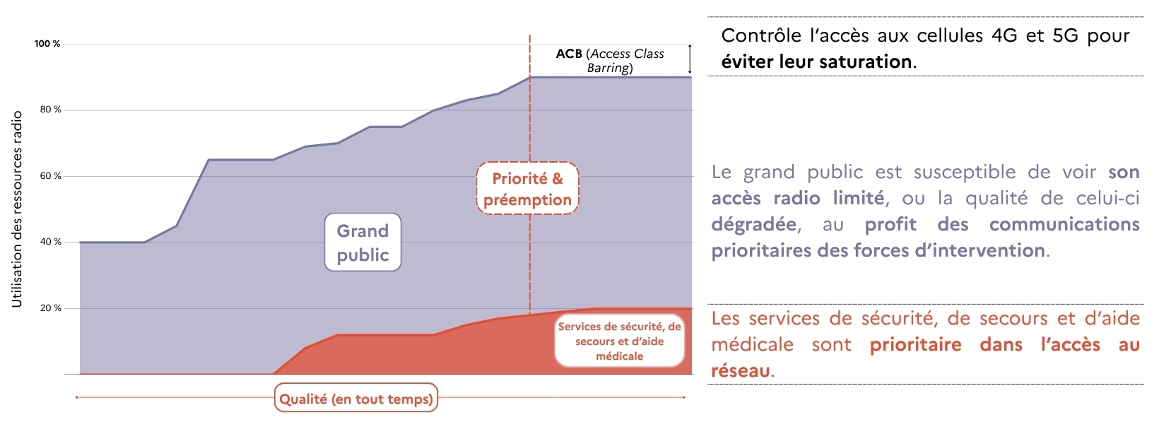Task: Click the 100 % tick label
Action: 47,44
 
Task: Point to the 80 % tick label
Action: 50,110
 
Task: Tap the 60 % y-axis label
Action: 50,176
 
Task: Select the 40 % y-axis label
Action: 50,242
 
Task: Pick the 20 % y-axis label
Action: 50,308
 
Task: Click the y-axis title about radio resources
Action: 17,209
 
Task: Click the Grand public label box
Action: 363,243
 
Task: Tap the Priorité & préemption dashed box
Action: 527,189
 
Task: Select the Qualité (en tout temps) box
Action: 356,399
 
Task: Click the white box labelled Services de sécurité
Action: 620,341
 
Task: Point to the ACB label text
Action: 610,61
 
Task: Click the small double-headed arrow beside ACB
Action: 690,59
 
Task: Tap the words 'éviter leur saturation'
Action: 816,62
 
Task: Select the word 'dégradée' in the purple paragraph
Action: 754,225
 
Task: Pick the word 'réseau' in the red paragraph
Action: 741,371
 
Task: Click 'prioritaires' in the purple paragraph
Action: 760,251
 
